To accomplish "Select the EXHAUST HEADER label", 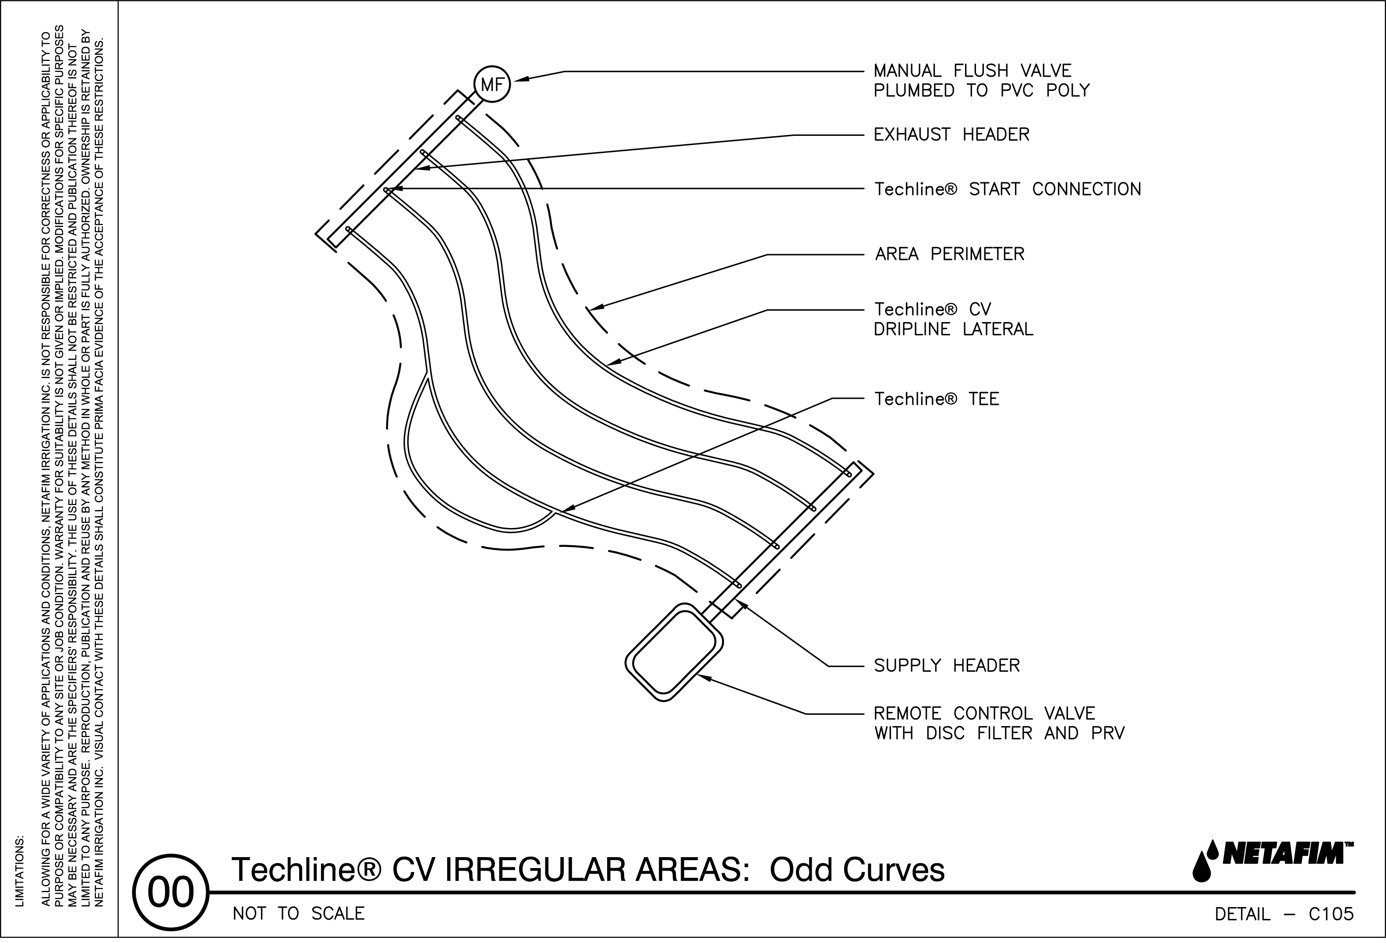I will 951,135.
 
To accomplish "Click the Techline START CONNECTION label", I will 1007,190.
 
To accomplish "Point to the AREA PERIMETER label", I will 949,255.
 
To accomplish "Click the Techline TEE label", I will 936,399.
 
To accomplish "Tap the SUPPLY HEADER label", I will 947,666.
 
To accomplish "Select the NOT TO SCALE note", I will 298,914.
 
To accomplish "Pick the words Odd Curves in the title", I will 857,870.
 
